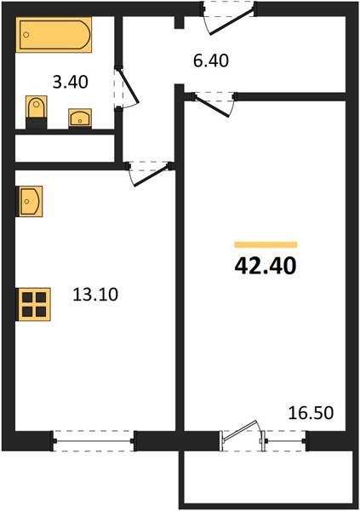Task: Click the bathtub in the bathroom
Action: tap(54, 35)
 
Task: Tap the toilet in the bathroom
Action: tap(36, 112)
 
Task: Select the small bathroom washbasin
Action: tap(80, 118)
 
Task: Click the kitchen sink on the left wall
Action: tap(29, 201)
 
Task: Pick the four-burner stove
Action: tap(33, 304)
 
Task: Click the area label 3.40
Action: tap(71, 82)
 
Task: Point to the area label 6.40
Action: tap(211, 60)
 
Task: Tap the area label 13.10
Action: tap(95, 295)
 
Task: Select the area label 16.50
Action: tap(311, 412)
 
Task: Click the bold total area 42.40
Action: tap(266, 266)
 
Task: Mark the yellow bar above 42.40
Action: tap(266, 244)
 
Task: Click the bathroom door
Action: tap(127, 86)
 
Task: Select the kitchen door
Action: tap(149, 173)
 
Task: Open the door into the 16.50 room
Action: tap(214, 103)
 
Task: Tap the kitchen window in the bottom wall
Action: tap(94, 441)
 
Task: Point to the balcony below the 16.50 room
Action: tap(269, 478)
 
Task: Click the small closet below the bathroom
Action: tap(65, 148)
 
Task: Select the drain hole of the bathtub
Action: tap(26, 35)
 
